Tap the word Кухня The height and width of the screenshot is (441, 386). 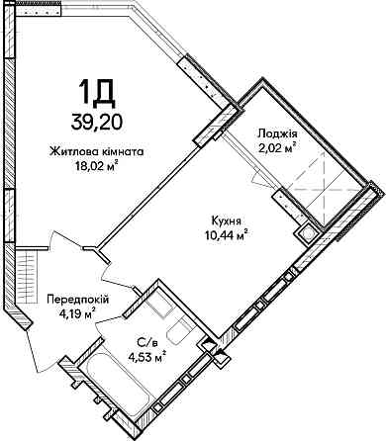[x=226, y=222]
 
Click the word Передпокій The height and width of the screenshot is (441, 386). [x=77, y=299]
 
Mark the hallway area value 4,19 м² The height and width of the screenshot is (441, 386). [x=77, y=314]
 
